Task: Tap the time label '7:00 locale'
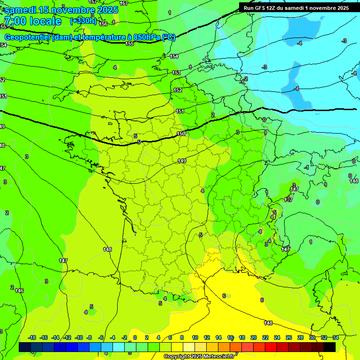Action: [32, 21]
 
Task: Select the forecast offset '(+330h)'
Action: [83, 21]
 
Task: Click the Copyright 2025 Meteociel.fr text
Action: [199, 356]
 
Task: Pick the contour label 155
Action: [129, 44]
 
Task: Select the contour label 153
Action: [176, 73]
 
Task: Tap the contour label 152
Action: [178, 90]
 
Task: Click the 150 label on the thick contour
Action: [181, 134]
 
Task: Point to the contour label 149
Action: [182, 161]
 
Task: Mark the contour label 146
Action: [19, 291]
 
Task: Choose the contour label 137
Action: [289, 200]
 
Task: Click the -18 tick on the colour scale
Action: [32, 337]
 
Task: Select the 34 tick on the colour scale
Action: [336, 337]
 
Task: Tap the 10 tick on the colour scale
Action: [195, 337]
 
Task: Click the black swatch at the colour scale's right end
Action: [330, 347]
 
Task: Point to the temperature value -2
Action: [246, 79]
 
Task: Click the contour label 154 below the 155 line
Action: [174, 56]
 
